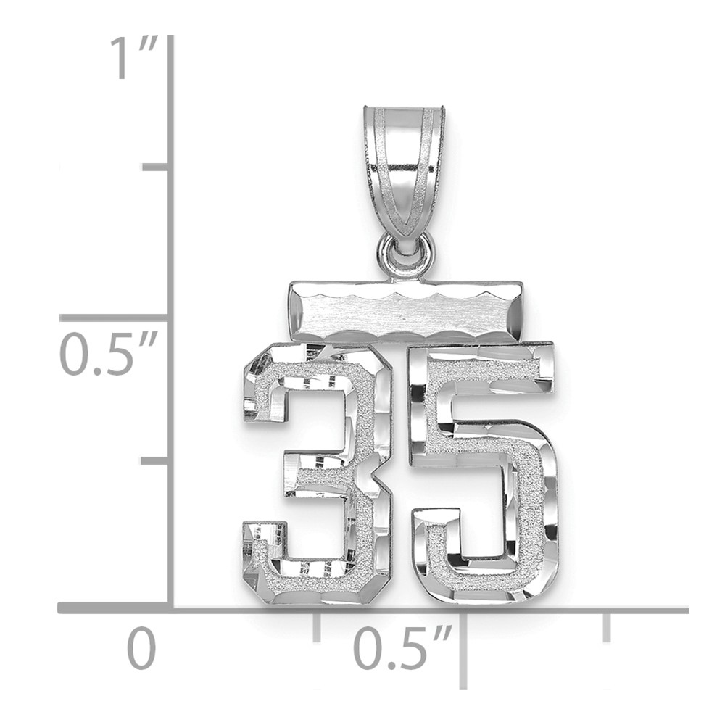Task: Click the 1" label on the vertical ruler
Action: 133,59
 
